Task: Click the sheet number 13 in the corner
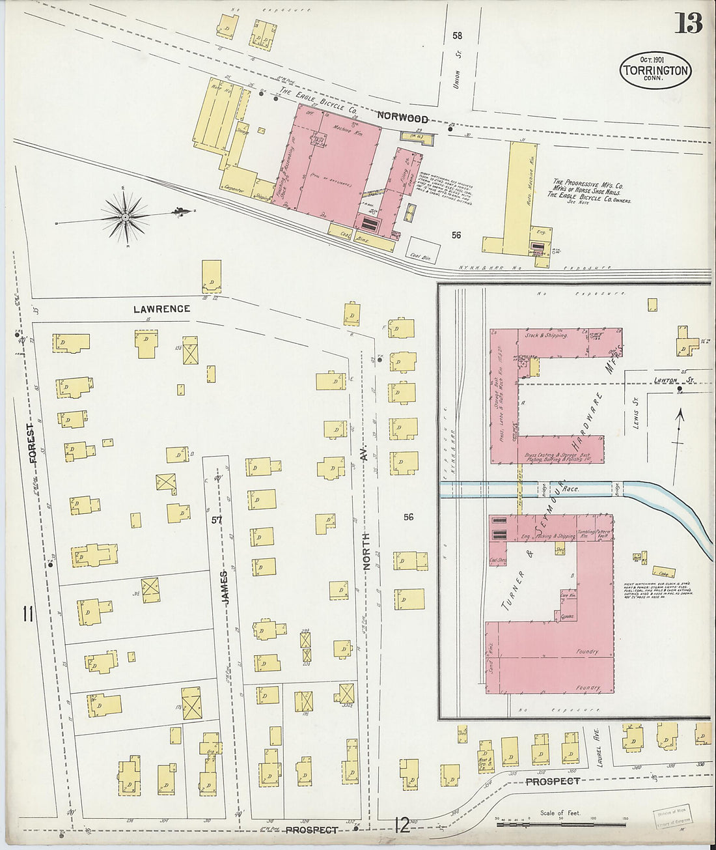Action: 688,23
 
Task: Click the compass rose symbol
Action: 124,215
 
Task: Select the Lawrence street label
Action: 161,309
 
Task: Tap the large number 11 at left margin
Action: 28,614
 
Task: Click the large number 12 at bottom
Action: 402,827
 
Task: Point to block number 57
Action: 217,520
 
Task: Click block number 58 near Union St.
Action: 457,36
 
